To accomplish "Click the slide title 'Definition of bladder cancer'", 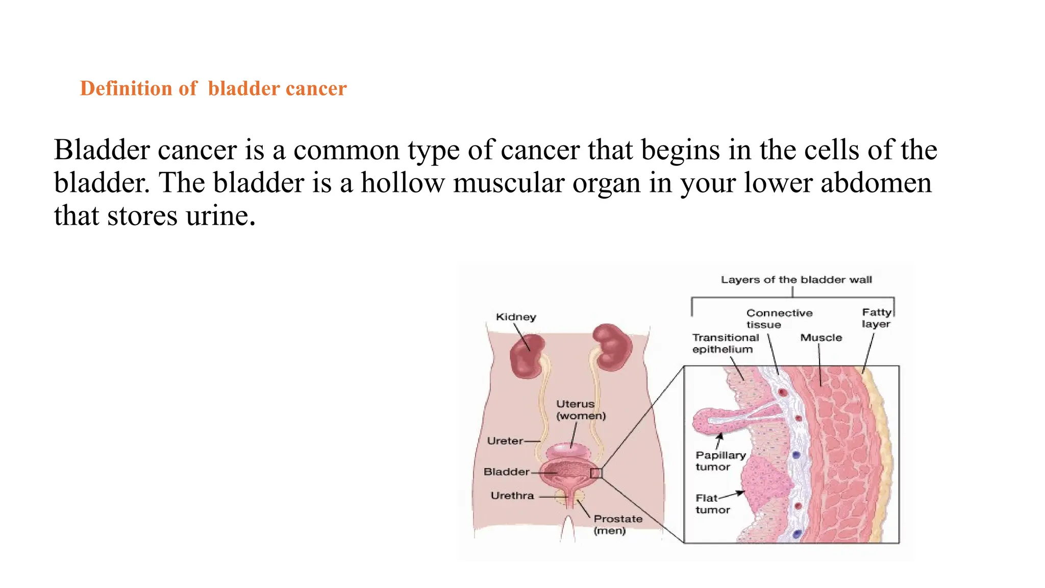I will click(213, 88).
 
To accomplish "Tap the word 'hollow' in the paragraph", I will click(403, 183).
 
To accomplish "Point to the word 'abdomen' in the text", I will click(876, 183).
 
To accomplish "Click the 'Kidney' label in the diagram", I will click(516, 317).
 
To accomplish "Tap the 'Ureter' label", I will click(505, 441).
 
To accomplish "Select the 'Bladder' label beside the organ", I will click(507, 472).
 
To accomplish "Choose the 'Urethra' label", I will click(512, 496).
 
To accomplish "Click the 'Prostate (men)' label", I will click(617, 525).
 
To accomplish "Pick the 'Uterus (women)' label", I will click(581, 410).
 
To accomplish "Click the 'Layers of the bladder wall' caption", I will click(796, 280).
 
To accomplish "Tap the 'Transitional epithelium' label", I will click(725, 344).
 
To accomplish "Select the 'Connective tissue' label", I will click(779, 319).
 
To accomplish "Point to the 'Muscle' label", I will click(821, 338).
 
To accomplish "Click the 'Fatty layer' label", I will click(876, 318).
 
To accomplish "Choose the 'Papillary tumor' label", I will click(720, 461).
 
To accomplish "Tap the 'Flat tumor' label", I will click(712, 504).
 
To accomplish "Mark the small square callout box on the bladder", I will click(596, 473).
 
